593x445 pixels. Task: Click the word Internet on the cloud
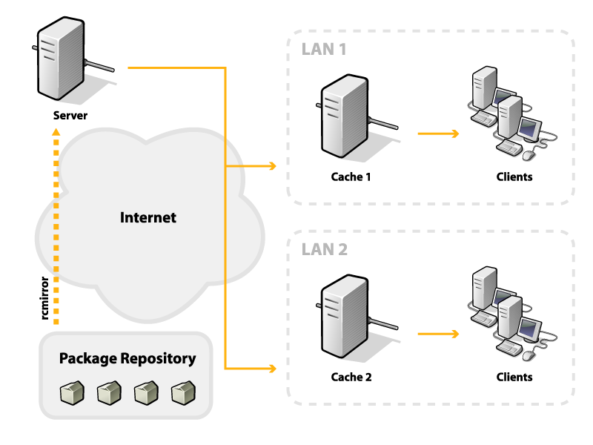(x=148, y=217)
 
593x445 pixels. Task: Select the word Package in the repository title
(x=87, y=358)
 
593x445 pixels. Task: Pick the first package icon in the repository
(x=72, y=393)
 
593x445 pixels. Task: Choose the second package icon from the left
(x=109, y=393)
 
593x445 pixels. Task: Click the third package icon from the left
(x=146, y=393)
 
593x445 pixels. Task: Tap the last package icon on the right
(x=183, y=393)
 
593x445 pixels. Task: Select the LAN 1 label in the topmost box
(x=324, y=50)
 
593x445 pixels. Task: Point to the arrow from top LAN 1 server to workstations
(x=438, y=133)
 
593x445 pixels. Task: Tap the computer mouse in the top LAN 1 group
(x=528, y=155)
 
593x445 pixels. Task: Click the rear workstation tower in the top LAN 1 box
(x=484, y=88)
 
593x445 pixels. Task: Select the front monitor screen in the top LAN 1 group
(x=528, y=128)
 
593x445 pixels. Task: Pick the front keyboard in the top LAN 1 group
(x=508, y=148)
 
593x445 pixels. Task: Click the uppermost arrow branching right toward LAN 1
(x=252, y=166)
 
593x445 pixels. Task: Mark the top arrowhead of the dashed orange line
(x=56, y=132)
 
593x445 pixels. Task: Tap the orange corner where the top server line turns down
(x=225, y=68)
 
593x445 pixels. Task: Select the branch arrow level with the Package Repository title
(x=252, y=368)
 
